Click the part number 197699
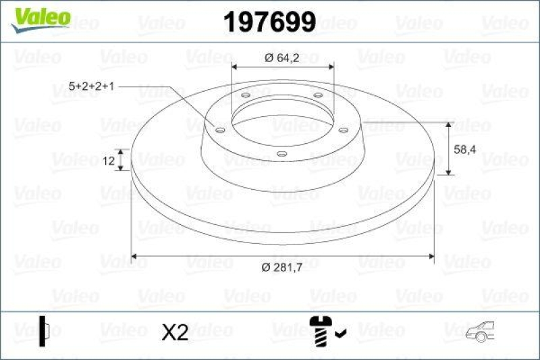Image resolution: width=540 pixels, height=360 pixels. click(269, 23)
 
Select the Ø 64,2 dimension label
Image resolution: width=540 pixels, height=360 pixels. click(283, 58)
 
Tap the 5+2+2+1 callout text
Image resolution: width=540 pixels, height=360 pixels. click(92, 87)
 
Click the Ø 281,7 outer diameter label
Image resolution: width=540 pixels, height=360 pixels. click(282, 267)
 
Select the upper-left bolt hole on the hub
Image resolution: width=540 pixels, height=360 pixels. click(246, 96)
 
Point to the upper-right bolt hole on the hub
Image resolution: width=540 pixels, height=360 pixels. click(318, 96)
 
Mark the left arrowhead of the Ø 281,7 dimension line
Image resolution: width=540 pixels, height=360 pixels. click(134, 256)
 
